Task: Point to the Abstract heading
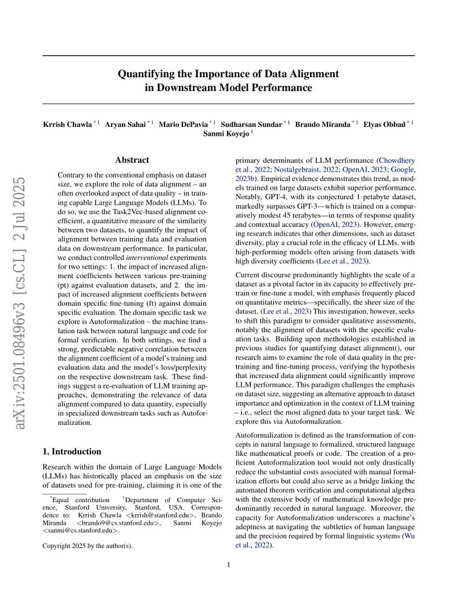(132, 160)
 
